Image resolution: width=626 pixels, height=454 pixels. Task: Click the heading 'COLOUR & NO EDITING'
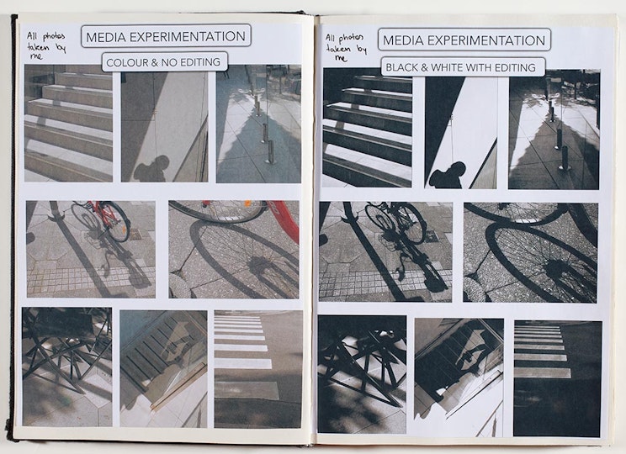[x=163, y=62]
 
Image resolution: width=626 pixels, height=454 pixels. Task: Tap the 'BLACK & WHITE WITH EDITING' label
[x=461, y=67]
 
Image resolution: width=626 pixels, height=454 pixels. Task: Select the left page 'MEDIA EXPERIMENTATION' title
[x=166, y=37]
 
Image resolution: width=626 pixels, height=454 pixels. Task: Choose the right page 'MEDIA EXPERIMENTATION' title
[x=464, y=40]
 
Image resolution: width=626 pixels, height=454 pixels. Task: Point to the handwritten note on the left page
[x=46, y=46]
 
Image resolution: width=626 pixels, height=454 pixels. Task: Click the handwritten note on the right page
[x=346, y=47]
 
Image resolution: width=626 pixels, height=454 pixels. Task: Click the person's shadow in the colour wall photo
[x=152, y=169]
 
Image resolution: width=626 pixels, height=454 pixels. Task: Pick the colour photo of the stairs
[x=69, y=124]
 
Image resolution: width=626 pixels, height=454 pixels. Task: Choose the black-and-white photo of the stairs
[x=368, y=128]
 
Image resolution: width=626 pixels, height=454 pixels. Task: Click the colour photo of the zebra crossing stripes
[x=257, y=369]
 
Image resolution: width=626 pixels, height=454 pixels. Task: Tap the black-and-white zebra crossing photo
[x=558, y=378]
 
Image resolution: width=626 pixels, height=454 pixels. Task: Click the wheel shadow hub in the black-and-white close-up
[x=556, y=267]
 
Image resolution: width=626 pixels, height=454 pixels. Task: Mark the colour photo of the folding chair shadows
[x=67, y=367]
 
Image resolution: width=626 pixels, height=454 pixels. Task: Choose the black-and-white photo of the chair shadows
[x=362, y=374]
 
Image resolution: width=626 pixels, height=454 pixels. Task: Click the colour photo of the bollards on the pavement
[x=258, y=124]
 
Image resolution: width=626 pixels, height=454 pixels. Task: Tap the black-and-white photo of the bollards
[x=554, y=129]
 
